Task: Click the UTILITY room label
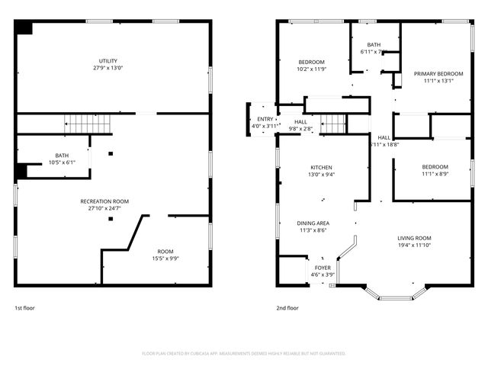tap(108, 61)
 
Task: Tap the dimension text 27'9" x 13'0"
tap(108, 68)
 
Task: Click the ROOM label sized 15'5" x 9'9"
tap(165, 252)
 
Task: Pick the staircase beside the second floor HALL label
tap(332, 123)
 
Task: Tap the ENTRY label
tap(265, 119)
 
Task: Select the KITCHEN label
tap(321, 168)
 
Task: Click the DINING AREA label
tap(313, 223)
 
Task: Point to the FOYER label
tap(323, 268)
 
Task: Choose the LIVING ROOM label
tap(414, 238)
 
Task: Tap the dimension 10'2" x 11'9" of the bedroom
tap(310, 69)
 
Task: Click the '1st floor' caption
tap(24, 308)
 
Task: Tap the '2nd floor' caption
tap(287, 308)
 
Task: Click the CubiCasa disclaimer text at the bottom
tap(244, 353)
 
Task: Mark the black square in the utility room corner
tap(24, 27)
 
